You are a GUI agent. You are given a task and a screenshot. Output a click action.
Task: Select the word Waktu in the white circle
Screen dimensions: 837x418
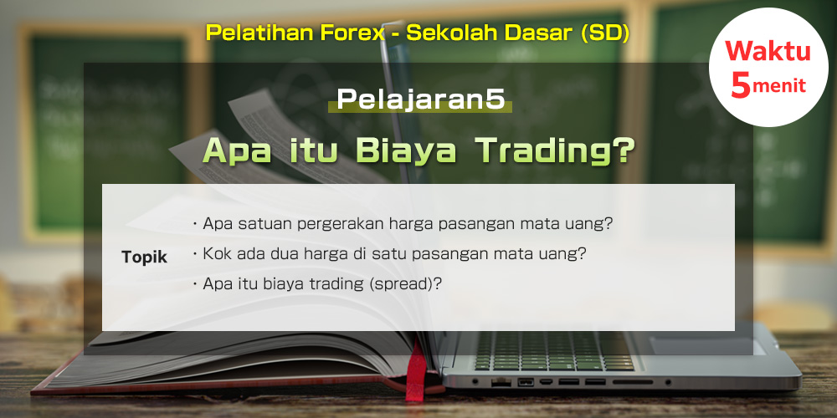tap(768, 52)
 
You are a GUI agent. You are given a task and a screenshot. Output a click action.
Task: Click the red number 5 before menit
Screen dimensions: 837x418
tap(741, 84)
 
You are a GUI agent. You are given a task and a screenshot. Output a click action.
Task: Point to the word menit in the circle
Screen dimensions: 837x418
tap(779, 86)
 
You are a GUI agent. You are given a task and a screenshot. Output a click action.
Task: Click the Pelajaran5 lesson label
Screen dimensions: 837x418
tap(420, 99)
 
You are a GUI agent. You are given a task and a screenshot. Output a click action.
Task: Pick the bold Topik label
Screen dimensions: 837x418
tap(144, 257)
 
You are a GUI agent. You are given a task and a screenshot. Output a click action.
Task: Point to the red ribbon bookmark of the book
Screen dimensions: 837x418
tap(415, 371)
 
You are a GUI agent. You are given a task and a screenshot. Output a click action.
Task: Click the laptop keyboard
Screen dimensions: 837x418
tap(554, 352)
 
